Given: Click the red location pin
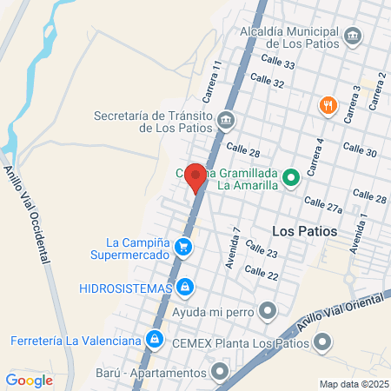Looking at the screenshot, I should click(x=196, y=177).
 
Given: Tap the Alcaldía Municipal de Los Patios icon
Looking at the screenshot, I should click(x=353, y=36).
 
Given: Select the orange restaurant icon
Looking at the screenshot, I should click(x=328, y=105).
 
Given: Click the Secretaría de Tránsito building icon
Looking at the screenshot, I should click(x=226, y=119).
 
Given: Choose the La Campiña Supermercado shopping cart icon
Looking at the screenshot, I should click(x=182, y=248).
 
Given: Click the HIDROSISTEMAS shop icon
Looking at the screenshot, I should click(x=185, y=286).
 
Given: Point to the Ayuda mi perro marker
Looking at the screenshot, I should click(x=268, y=310).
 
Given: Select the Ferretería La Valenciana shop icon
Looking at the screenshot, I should click(x=154, y=338).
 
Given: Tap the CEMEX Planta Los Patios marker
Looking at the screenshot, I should click(x=323, y=342).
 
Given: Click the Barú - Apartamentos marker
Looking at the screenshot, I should click(x=219, y=373).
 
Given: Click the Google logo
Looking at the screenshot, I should click(x=30, y=380).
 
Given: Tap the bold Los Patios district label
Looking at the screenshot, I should click(x=303, y=231).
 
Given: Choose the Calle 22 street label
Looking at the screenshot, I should click(x=261, y=273).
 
